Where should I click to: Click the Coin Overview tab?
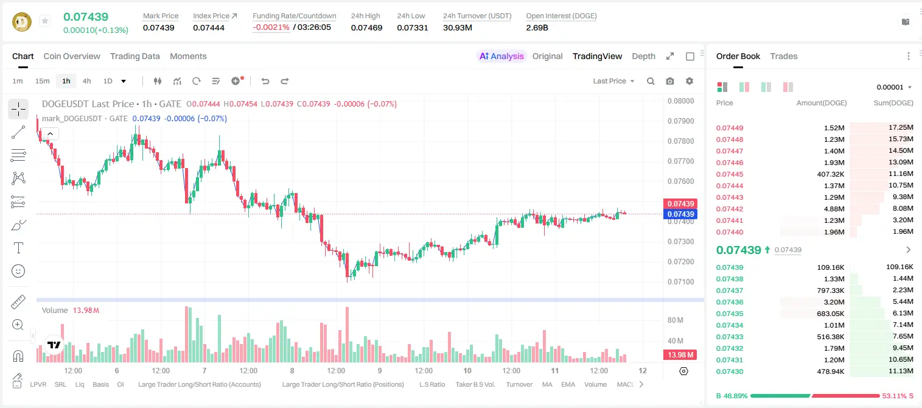click(72, 56)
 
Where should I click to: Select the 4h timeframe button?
click(86, 81)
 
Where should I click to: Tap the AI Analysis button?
click(501, 56)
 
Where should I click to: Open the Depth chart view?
click(643, 56)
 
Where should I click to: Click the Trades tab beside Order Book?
click(784, 56)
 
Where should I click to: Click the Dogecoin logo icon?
click(22, 21)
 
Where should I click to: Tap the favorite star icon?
click(45, 21)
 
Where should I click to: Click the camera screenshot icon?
click(670, 81)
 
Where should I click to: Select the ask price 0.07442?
click(729, 209)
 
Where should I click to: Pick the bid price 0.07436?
click(729, 302)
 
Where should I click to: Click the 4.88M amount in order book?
click(834, 209)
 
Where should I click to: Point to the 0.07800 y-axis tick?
click(681, 141)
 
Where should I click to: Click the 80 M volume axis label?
click(676, 320)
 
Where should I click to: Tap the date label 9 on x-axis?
click(380, 370)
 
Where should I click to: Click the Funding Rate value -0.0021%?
click(271, 27)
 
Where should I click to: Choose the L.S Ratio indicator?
click(431, 384)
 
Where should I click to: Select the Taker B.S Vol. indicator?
click(475, 384)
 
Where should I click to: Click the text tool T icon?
click(18, 248)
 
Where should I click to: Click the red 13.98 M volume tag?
click(680, 354)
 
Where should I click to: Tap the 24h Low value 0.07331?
click(413, 27)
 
